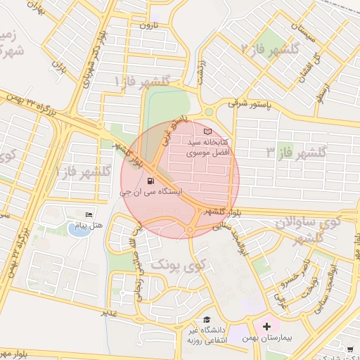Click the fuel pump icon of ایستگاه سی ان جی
(154, 180)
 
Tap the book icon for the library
(206, 131)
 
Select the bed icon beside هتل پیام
(89, 214)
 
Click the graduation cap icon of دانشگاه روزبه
(206, 319)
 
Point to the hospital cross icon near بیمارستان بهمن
(266, 326)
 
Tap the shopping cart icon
(350, 348)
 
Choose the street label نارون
(149, 25)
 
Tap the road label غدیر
(108, 311)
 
